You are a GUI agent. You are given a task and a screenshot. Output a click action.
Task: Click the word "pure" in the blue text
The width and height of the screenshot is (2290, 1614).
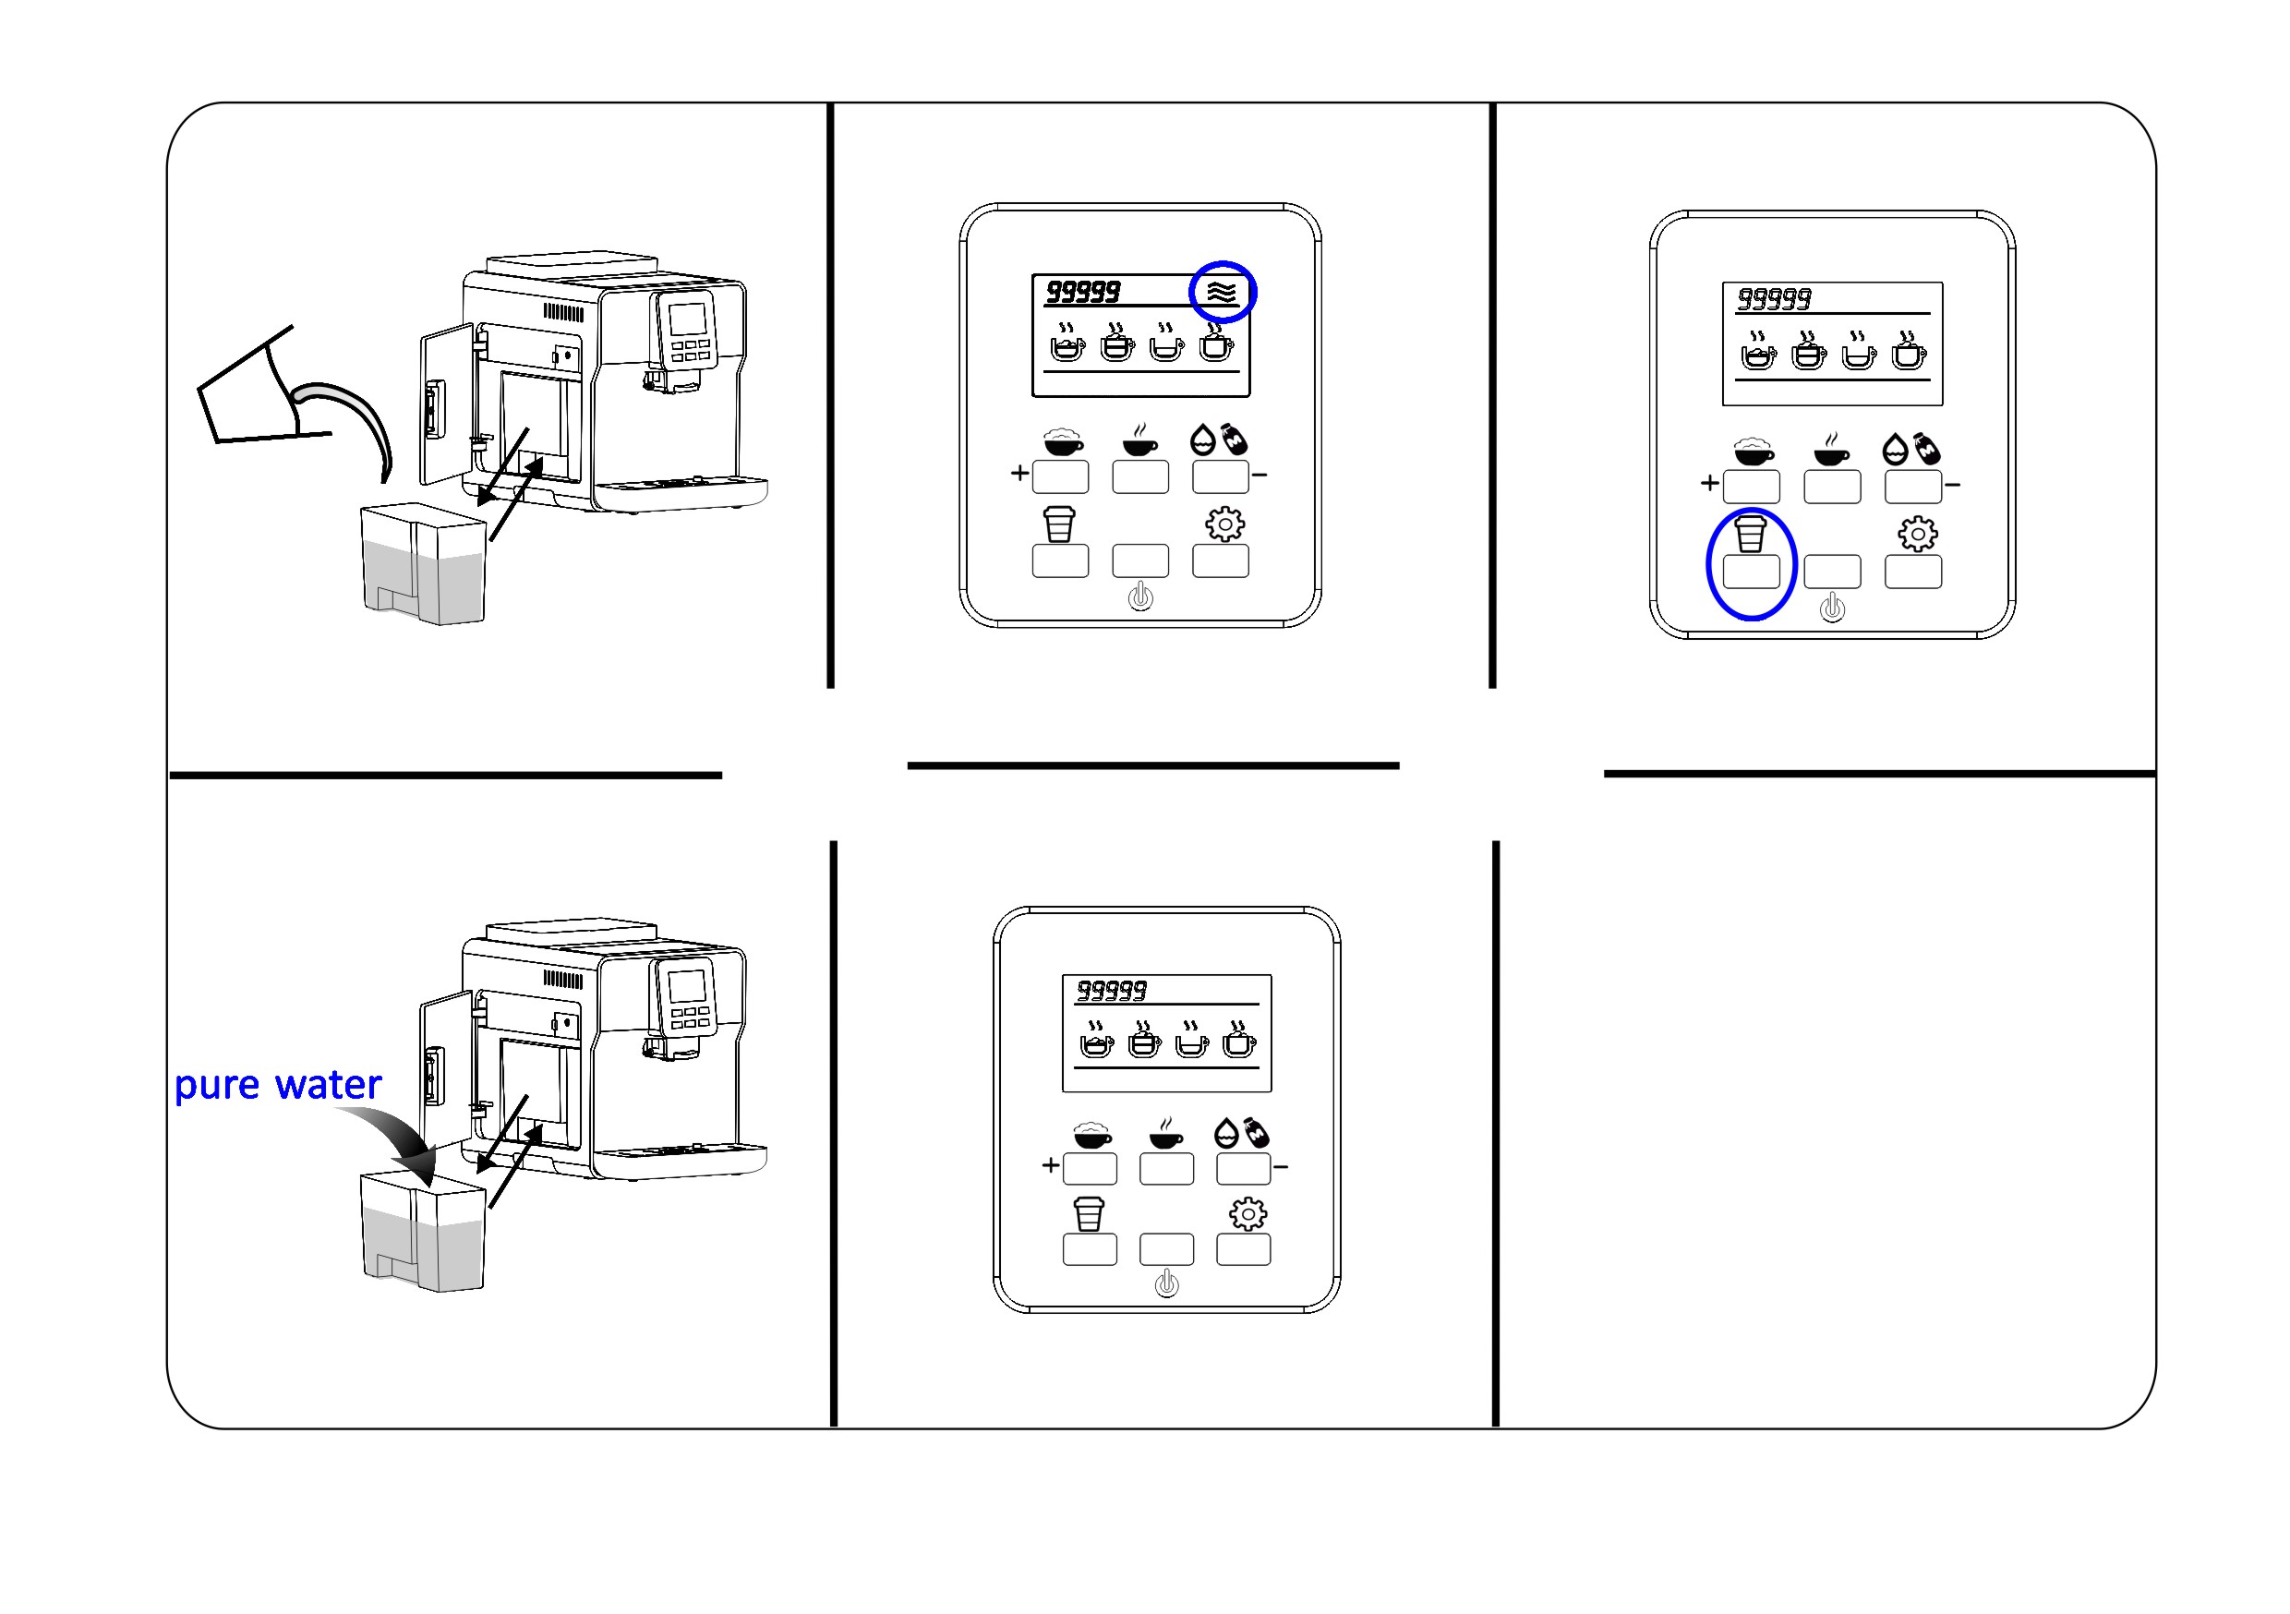pos(216,1086)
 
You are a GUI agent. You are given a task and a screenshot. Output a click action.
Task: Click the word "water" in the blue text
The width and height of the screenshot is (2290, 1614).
pos(328,1084)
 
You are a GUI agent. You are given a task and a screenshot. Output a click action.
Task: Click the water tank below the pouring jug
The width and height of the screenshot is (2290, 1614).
pos(423,563)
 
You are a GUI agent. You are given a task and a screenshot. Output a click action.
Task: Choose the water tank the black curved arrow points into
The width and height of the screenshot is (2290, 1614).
pos(423,1233)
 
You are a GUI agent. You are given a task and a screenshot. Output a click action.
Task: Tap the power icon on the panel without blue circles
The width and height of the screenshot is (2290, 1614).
pos(1166,1283)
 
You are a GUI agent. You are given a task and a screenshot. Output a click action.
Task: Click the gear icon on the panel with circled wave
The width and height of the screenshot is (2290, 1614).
pos(1224,524)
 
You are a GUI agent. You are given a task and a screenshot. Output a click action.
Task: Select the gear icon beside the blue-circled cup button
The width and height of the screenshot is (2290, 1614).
pos(1917,534)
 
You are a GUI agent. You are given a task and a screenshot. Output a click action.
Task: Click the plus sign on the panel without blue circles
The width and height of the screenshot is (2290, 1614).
pos(1050,1165)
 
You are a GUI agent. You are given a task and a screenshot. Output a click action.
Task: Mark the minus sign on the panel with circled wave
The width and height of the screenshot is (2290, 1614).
pos(1259,476)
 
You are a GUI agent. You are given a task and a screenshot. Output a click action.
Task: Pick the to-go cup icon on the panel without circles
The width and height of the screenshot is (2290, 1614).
pos(1090,1214)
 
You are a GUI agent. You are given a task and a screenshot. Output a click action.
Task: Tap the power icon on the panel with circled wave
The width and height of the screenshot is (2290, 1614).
pos(1140,597)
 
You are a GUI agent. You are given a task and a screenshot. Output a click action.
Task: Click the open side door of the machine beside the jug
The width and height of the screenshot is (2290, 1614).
pos(446,405)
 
